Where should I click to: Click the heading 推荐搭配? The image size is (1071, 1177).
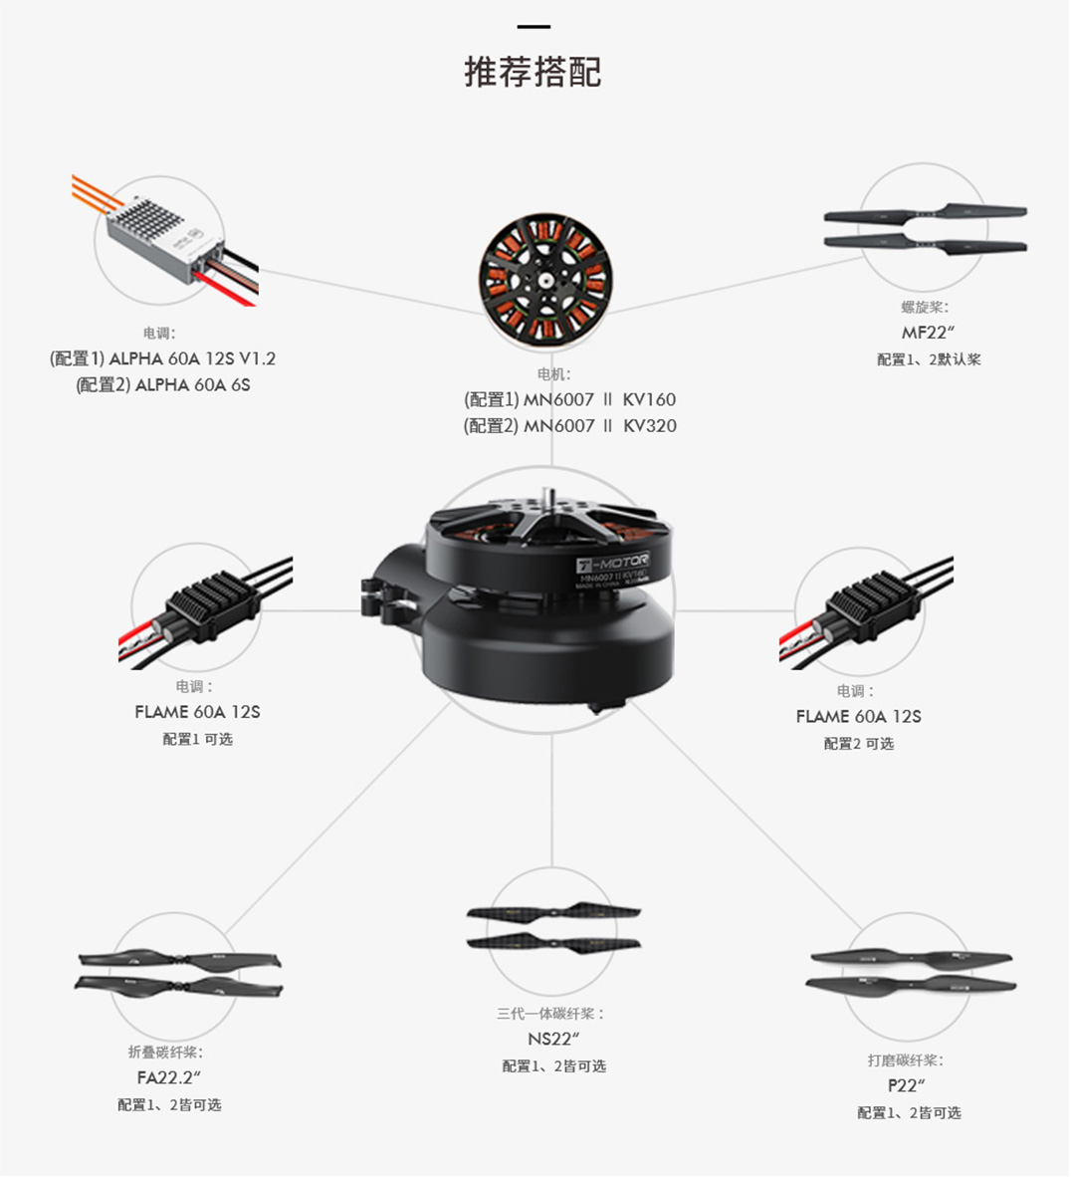pos(533,72)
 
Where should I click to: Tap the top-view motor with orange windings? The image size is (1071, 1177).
pos(545,279)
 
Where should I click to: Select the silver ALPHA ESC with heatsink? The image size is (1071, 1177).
pos(165,239)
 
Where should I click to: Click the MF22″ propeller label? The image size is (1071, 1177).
pos(928,333)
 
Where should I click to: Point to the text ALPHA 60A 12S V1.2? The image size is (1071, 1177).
pos(192,358)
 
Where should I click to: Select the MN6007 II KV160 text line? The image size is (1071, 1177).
pos(570,399)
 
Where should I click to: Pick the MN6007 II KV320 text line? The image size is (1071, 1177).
pos(570,425)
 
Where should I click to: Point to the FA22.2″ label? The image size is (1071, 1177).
pos(169,1077)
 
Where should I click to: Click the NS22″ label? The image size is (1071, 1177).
pos(553,1039)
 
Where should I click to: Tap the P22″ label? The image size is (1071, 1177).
pos(907,1086)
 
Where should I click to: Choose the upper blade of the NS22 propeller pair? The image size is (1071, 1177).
pos(553,913)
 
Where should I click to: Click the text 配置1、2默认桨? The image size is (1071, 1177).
pos(929,359)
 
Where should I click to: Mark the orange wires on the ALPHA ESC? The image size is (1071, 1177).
pos(96,193)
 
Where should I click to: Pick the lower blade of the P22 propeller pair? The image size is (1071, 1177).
pos(911,984)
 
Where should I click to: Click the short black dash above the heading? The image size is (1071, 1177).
pos(534,27)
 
